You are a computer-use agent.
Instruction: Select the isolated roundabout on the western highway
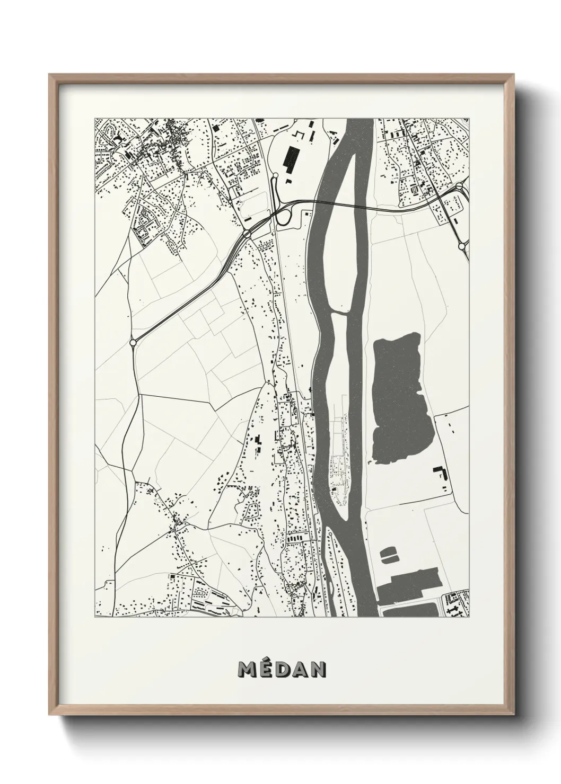[133, 343]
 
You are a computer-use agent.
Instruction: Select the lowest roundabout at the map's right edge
[461, 246]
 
